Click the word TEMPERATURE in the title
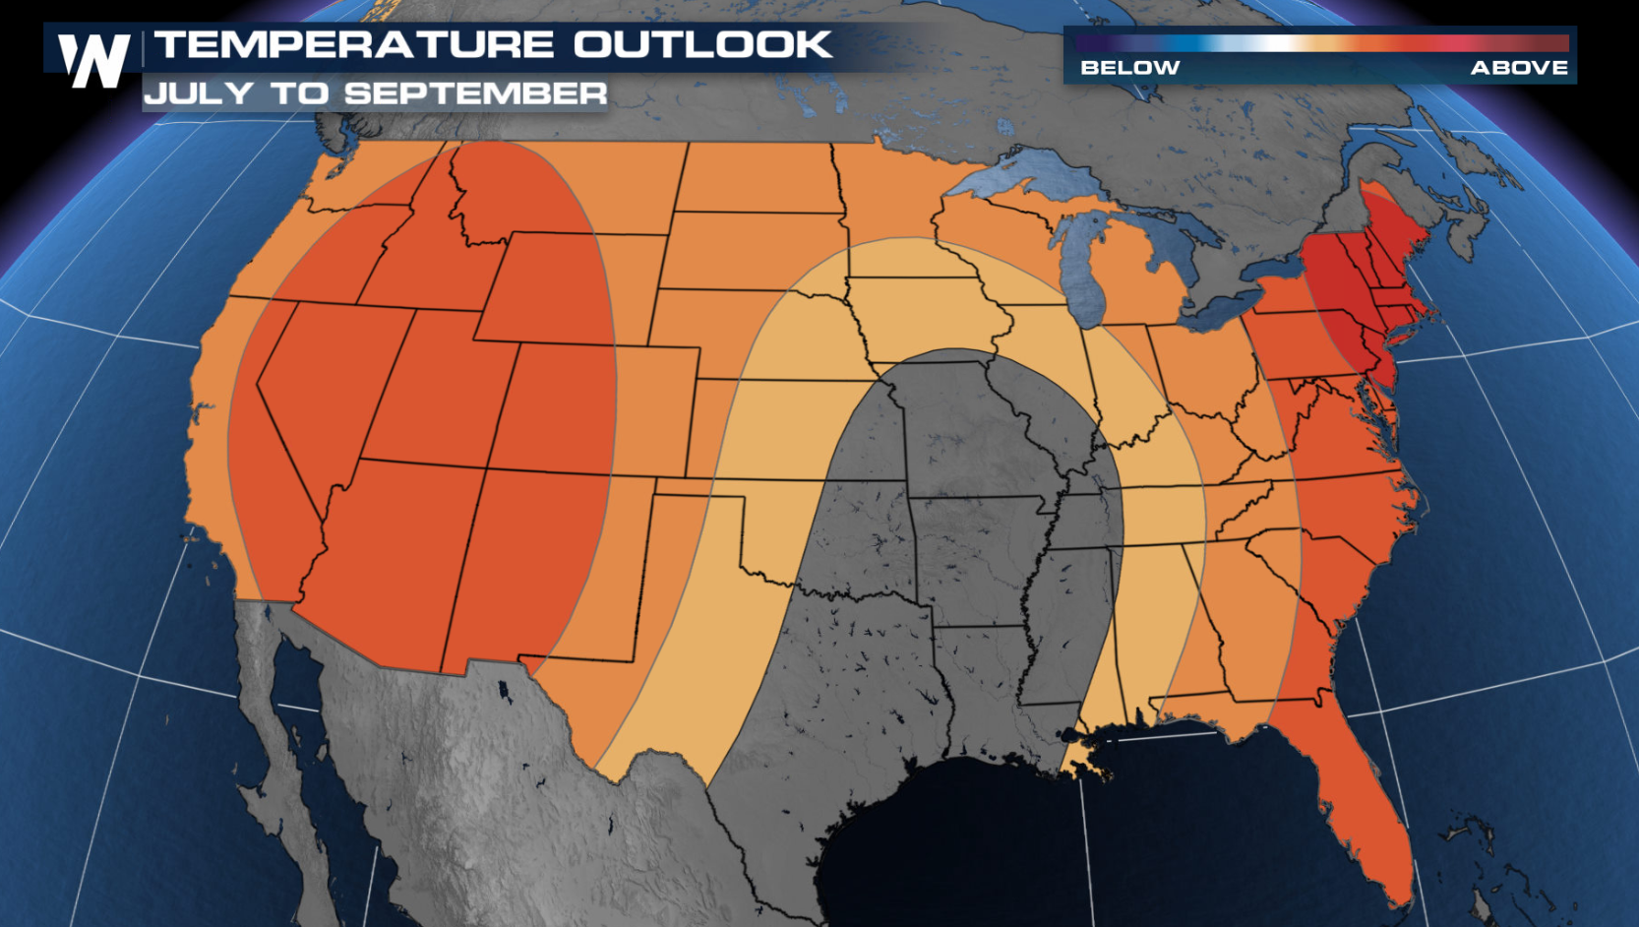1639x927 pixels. pos(354,45)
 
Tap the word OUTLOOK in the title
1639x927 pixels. pos(702,45)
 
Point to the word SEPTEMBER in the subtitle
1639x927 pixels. pos(475,93)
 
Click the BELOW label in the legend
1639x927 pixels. pos(1129,68)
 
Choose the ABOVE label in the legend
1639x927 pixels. pos(1519,68)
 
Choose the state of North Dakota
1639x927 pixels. pos(758,177)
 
